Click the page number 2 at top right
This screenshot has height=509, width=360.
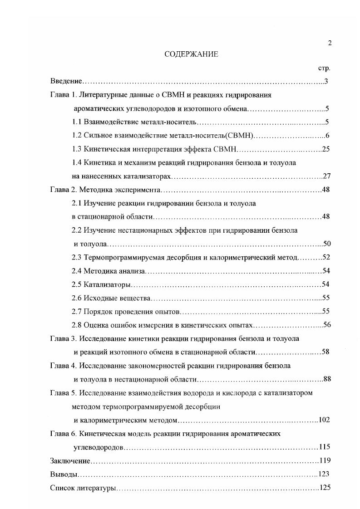(x=330, y=43)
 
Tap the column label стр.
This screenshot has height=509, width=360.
(x=324, y=68)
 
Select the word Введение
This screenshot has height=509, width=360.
(x=66, y=82)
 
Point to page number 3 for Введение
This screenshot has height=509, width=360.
(x=326, y=82)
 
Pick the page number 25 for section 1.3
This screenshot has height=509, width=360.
(x=325, y=149)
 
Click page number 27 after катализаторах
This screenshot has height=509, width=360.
(x=325, y=176)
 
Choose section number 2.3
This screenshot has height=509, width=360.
(x=77, y=257)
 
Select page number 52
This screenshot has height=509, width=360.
(x=325, y=257)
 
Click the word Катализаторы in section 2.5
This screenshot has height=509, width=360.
(x=108, y=284)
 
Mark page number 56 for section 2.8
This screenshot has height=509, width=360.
(x=325, y=325)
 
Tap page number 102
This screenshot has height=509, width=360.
(x=324, y=420)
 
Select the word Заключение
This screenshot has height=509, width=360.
(x=70, y=460)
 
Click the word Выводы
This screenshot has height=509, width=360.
(x=64, y=474)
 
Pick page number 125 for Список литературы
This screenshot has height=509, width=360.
(x=325, y=488)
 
